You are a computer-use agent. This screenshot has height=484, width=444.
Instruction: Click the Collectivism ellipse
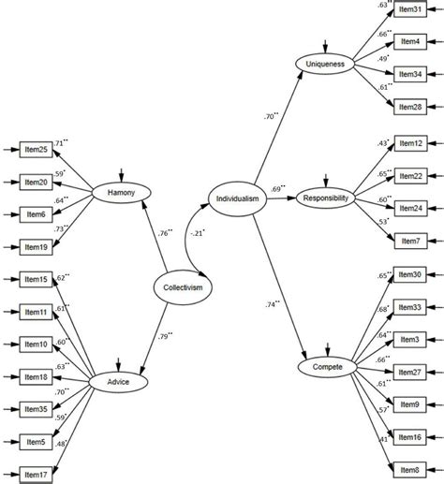(x=183, y=287)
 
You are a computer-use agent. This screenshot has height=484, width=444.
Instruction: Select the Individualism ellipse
(x=238, y=198)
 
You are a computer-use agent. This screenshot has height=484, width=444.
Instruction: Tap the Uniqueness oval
(x=325, y=65)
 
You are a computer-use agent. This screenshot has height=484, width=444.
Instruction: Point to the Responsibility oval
(x=325, y=198)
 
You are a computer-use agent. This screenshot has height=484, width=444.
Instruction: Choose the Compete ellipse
(x=328, y=367)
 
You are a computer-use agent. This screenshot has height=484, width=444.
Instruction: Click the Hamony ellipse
(x=122, y=193)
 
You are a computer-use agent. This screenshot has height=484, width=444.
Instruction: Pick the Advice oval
(x=118, y=382)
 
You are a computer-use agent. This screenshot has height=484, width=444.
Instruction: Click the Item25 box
(x=36, y=150)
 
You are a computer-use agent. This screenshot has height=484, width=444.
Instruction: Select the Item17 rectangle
(x=36, y=475)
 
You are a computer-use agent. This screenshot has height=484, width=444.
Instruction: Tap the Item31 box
(x=410, y=9)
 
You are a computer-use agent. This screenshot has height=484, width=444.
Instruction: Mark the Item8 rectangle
(x=409, y=470)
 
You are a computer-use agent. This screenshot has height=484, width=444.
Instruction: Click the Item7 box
(x=410, y=241)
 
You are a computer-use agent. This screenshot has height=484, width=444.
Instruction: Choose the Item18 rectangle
(x=36, y=377)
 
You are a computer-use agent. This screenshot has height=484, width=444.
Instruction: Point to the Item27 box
(x=409, y=372)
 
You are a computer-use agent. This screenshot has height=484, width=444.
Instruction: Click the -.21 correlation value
(x=198, y=233)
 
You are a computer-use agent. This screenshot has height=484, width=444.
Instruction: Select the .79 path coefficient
(x=166, y=336)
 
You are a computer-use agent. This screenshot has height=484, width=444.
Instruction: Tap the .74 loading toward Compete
(x=273, y=304)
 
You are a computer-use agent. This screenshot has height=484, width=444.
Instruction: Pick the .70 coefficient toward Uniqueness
(x=271, y=116)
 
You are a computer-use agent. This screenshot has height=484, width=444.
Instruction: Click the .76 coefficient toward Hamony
(x=166, y=233)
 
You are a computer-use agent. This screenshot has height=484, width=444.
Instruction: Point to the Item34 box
(x=410, y=74)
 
